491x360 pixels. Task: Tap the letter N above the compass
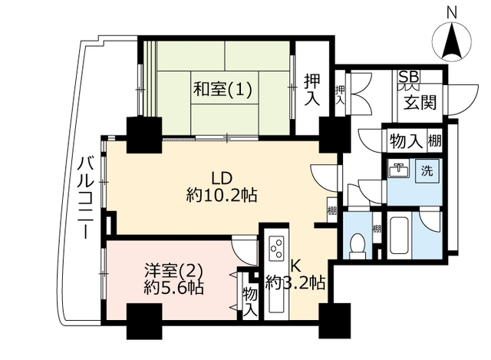click(451, 14)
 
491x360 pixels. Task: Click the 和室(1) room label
click(222, 89)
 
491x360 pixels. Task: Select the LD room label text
click(222, 178)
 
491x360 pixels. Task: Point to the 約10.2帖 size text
click(222, 196)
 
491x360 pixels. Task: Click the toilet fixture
click(358, 246)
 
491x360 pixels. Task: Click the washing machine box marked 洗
click(427, 170)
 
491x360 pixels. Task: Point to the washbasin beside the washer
click(399, 170)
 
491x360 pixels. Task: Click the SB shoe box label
click(410, 77)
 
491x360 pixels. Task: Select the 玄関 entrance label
click(420, 102)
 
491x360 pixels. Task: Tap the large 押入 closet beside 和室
click(312, 90)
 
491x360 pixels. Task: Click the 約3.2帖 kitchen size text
click(295, 283)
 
